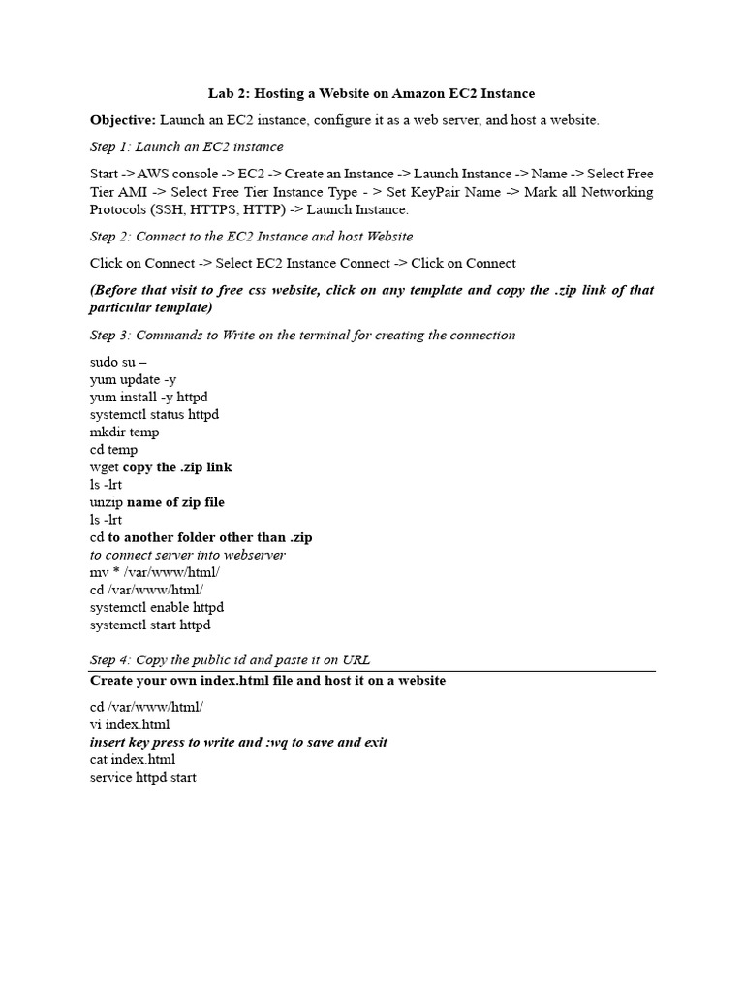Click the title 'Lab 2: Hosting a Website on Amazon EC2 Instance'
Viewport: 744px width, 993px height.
372,93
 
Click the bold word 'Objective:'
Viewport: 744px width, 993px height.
123,120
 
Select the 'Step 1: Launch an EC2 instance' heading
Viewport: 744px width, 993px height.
187,147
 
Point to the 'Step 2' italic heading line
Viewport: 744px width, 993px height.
252,237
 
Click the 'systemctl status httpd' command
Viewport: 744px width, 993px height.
154,414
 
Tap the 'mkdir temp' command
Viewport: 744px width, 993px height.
124,432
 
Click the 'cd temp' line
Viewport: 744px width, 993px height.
113,450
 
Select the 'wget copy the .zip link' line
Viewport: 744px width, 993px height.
161,467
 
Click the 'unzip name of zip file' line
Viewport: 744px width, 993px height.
157,502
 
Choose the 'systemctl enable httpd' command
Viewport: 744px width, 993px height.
157,607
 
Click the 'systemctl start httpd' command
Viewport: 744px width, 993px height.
150,625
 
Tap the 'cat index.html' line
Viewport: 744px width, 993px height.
133,759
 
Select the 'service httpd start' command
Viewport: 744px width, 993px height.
143,777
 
